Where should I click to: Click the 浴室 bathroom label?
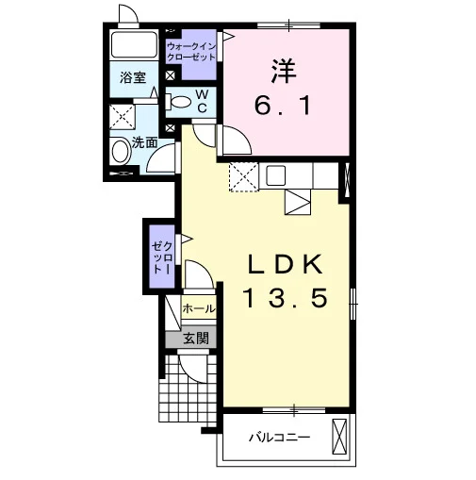pos(133,77)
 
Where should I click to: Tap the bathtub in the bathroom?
pos(134,44)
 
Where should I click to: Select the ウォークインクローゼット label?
pos(191,52)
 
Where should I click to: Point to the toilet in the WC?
pos(178,102)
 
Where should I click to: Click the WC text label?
pos(202,101)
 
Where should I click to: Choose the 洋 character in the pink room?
pos(284,71)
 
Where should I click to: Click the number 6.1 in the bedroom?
pos(283,106)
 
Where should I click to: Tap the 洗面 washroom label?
pos(144,142)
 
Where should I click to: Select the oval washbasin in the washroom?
pos(122,151)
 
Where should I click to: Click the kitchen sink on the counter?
pos(276,175)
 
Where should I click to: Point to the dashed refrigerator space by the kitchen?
pos(244,176)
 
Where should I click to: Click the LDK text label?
pos(286,265)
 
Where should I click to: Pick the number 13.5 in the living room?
pos(285,298)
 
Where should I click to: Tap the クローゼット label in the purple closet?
pos(162,257)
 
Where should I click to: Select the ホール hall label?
pos(199,308)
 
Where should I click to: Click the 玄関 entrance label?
pos(196,339)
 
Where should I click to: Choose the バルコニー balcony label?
pos(280,438)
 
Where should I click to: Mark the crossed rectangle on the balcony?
pos(339,437)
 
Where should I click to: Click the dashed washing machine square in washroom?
pos(122,117)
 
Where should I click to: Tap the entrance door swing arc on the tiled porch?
pos(191,372)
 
